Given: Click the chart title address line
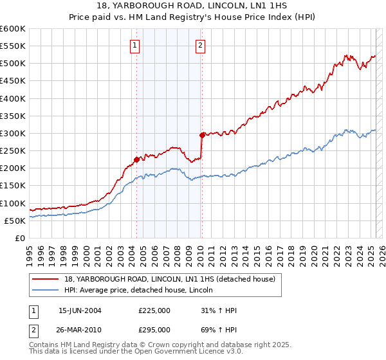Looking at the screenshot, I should [193, 6].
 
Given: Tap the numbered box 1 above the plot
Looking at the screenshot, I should [135, 45].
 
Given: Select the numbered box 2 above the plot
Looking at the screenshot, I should [201, 45].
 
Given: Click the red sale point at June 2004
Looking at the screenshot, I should [137, 159].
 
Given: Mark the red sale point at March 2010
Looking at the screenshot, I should [202, 135].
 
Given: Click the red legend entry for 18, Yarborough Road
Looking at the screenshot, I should [170, 279].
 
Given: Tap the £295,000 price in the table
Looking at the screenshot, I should [154, 330].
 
